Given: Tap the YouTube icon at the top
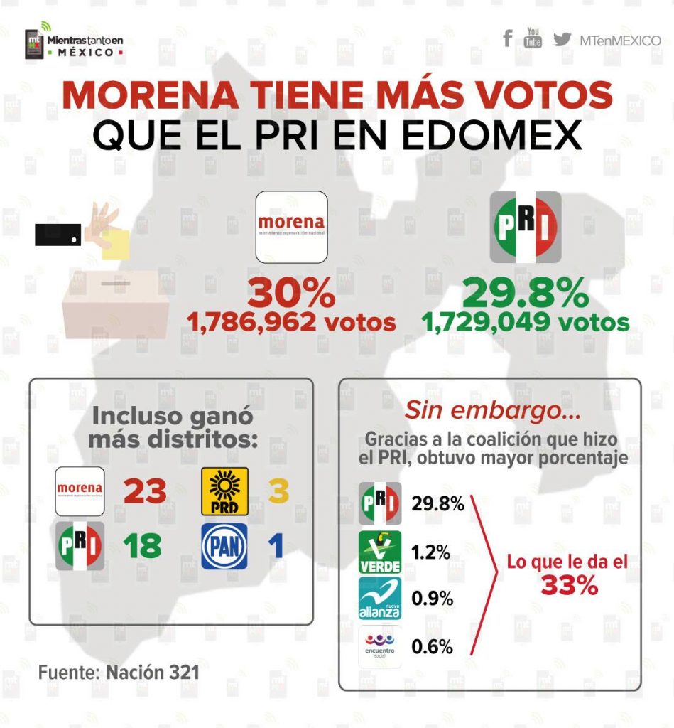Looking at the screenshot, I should click(533, 38).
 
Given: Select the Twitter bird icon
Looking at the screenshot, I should click(562, 39).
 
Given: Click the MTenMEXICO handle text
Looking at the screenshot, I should click(620, 41).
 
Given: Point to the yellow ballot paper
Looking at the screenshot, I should click(116, 244).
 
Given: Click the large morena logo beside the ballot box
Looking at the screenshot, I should click(291, 227).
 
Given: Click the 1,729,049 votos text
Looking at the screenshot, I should click(526, 323).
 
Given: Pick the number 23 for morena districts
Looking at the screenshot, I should click(145, 491).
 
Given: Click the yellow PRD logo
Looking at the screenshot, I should click(224, 491).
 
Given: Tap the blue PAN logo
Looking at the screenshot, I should click(224, 546).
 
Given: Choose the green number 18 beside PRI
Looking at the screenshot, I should click(141, 546).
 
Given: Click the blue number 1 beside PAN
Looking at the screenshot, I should click(276, 546).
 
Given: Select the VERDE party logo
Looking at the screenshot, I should click(380, 552).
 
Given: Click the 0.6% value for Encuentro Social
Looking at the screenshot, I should click(432, 646).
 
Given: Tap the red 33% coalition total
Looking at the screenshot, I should click(568, 585).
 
